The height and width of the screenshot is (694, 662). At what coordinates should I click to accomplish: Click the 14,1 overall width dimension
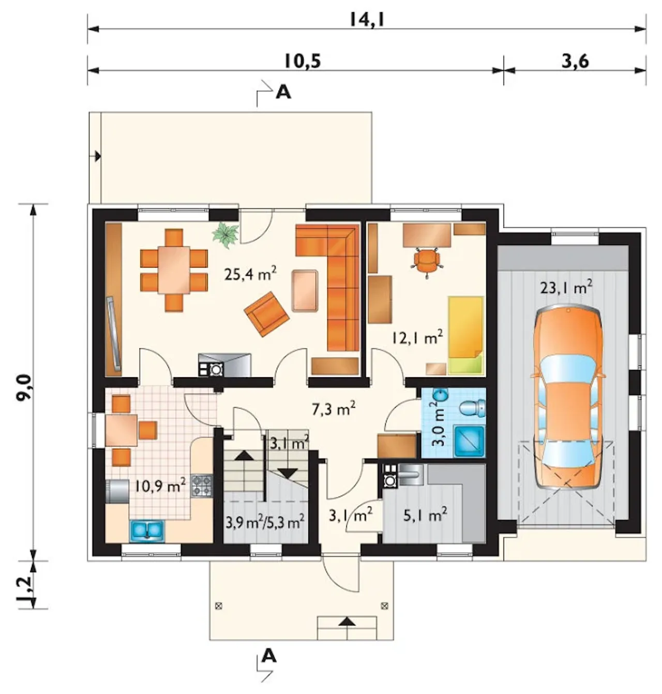click(x=367, y=20)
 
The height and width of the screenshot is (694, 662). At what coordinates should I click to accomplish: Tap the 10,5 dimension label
click(x=303, y=62)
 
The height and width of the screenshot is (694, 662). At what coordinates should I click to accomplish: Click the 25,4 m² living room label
click(x=250, y=274)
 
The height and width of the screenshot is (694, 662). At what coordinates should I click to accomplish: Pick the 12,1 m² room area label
click(x=417, y=337)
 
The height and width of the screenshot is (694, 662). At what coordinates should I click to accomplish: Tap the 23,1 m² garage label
click(x=566, y=288)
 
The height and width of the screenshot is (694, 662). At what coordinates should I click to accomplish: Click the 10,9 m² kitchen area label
click(x=160, y=486)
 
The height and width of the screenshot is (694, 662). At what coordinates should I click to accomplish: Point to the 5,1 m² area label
click(x=426, y=516)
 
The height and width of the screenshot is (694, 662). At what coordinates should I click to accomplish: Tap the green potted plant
click(x=226, y=233)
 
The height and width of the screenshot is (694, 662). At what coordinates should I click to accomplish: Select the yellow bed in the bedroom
click(x=465, y=335)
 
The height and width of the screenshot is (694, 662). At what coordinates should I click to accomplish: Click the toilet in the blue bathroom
click(x=473, y=408)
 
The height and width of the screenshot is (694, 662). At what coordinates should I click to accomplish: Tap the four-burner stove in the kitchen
click(x=202, y=486)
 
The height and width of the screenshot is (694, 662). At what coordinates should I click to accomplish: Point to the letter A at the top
click(x=283, y=93)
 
